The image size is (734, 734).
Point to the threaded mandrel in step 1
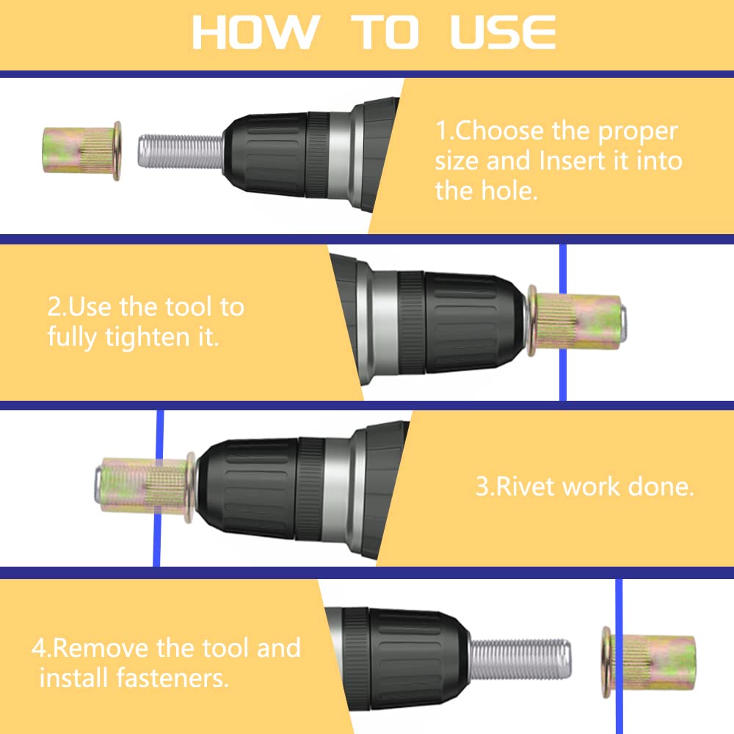tap(181, 150)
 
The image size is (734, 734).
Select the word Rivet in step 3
tap(526, 487)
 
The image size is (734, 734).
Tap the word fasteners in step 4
tap(172, 677)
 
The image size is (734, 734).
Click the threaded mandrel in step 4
tap(520, 658)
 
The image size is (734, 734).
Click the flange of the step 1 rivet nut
tap(117, 150)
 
